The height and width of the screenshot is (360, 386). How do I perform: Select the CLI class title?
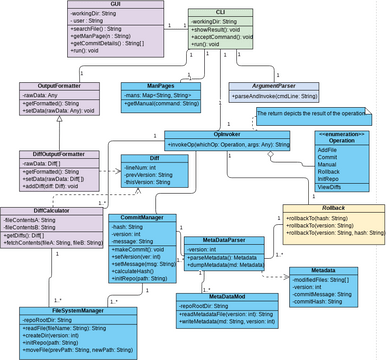click(233, 10)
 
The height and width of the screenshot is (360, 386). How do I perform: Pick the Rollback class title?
click(334, 208)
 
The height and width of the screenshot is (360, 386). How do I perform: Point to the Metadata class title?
click(322, 270)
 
